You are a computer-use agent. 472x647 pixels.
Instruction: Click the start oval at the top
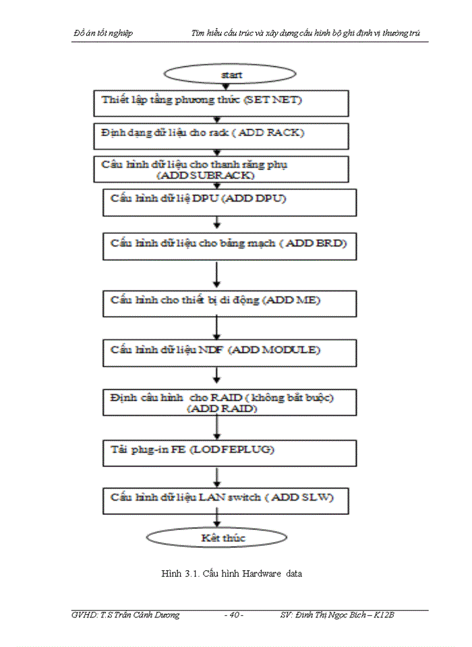231,75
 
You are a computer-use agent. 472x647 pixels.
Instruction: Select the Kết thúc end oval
216,537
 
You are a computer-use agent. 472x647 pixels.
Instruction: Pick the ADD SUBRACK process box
221,169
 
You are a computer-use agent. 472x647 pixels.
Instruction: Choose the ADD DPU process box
229,202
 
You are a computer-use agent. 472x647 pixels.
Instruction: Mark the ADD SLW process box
229,499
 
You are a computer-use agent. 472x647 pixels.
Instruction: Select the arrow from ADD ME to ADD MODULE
216,328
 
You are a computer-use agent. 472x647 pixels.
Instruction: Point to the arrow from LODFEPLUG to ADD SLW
216,477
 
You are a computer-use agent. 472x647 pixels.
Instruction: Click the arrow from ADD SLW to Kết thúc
216,518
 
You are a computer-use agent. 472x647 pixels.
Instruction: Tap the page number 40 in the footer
233,615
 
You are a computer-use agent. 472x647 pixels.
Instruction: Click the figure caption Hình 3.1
231,574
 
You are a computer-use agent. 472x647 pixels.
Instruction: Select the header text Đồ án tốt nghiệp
103,33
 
